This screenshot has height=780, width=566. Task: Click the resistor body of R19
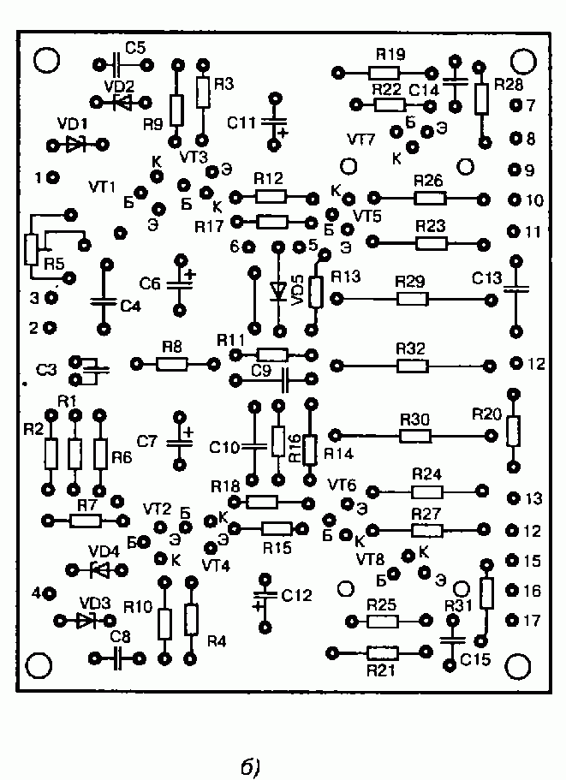[384, 74]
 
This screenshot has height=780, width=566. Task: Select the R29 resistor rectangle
[413, 300]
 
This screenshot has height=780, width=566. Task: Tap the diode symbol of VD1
[75, 146]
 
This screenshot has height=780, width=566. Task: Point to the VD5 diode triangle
[278, 291]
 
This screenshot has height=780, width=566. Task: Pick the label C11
[241, 122]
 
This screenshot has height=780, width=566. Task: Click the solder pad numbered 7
[515, 105]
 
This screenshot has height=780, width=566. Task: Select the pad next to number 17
[513, 621]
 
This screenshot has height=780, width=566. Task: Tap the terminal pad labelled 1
[53, 176]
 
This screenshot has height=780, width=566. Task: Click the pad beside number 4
[50, 593]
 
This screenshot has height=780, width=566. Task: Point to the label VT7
[361, 140]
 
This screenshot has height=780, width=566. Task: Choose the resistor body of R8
[171, 365]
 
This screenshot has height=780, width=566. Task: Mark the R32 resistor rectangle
[413, 366]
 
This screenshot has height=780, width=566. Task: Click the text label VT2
[158, 509]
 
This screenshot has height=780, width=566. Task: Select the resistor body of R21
[383, 652]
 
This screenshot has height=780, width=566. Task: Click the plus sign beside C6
[191, 274]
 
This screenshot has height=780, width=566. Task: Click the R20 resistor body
[514, 432]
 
